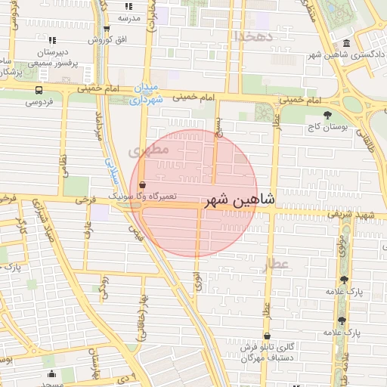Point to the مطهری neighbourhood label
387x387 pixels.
point(145,151)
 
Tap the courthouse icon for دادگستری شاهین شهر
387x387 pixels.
point(346,43)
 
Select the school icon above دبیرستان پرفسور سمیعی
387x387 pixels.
point(51,39)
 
